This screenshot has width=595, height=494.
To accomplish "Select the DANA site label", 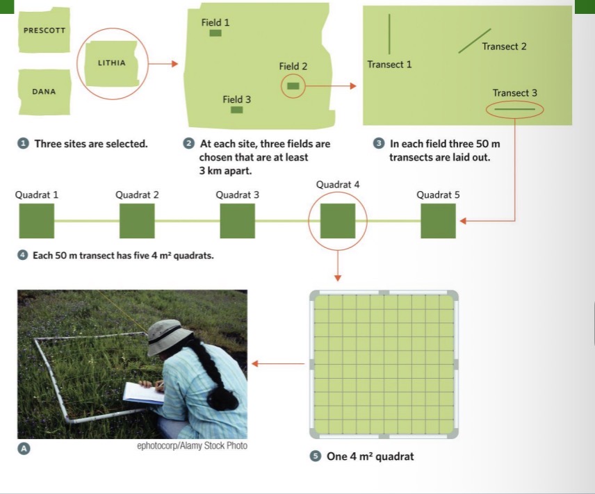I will tap(44, 92).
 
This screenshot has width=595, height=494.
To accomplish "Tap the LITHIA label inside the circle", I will tap(112, 63).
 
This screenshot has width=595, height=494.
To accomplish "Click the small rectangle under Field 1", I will tap(215, 33).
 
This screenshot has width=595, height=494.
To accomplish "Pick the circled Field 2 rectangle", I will tap(293, 86).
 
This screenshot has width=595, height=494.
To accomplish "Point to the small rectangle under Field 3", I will tap(236, 110).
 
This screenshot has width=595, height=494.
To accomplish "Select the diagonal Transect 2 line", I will tap(475, 41).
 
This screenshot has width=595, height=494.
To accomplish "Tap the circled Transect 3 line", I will tap(514, 109).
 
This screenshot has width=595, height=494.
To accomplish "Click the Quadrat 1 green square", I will tap(36, 221).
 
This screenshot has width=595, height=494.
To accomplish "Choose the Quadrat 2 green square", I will tap(137, 221).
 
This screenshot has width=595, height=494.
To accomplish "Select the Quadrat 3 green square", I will tap(237, 221).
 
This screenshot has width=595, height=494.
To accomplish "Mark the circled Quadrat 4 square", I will tap(337, 221).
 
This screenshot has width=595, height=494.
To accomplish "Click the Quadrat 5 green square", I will tap(438, 221).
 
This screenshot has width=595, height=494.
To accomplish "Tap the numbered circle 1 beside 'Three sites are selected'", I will tap(23, 144).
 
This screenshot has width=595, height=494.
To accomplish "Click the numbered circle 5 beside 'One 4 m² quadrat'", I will tap(315, 456).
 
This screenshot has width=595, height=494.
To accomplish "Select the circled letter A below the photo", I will tap(24, 449).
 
